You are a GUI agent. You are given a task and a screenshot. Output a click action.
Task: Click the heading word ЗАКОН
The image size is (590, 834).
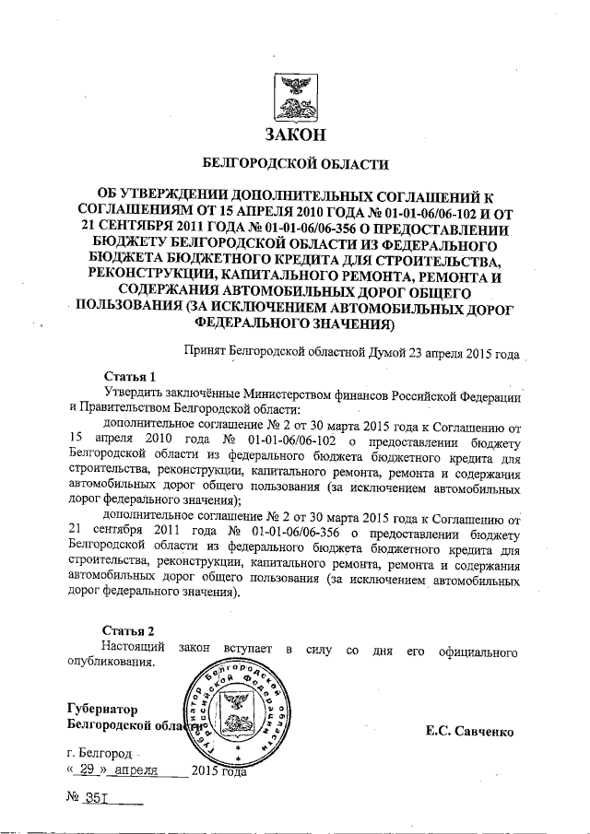pyautogui.click(x=295, y=135)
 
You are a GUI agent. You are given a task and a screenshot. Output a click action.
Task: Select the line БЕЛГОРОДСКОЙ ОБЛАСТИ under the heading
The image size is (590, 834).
pyautogui.click(x=295, y=165)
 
